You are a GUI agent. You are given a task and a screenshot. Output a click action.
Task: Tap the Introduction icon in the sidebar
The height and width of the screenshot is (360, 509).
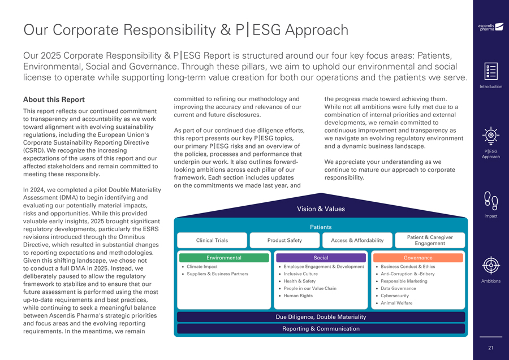click(x=490, y=71)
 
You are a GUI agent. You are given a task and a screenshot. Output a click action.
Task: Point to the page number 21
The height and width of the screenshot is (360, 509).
click(x=490, y=348)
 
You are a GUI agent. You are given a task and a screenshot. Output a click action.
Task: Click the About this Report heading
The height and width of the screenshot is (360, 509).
click(x=54, y=100)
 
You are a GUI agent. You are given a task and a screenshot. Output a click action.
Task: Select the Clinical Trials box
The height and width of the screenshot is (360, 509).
click(x=212, y=240)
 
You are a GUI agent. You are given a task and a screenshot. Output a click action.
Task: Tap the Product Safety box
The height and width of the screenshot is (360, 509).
click(x=284, y=240)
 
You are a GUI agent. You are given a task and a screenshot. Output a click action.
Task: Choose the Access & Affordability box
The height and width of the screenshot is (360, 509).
click(x=357, y=240)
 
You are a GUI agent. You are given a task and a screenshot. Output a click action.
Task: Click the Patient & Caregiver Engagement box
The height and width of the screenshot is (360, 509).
click(x=429, y=240)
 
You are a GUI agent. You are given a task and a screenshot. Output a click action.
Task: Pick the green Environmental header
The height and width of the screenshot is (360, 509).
click(x=223, y=258)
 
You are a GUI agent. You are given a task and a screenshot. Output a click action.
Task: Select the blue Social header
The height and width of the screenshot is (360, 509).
click(x=321, y=258)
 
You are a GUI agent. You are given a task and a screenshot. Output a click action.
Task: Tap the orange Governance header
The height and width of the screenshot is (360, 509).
click(x=418, y=258)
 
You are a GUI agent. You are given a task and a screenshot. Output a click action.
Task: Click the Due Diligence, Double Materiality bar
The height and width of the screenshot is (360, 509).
click(x=321, y=316)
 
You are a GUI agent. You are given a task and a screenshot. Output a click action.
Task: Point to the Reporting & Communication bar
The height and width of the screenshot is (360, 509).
click(x=321, y=328)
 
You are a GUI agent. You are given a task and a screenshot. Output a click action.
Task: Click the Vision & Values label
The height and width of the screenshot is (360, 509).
click(x=321, y=209)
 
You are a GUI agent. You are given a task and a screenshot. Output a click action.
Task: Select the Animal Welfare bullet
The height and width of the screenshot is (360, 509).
click(x=396, y=303)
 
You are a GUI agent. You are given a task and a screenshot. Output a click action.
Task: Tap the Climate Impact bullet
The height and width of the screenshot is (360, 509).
click(x=202, y=267)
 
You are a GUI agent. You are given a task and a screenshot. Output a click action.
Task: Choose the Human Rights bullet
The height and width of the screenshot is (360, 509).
click(x=298, y=296)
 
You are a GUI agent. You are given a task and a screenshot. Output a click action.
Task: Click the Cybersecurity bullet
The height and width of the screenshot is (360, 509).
click(x=396, y=296)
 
